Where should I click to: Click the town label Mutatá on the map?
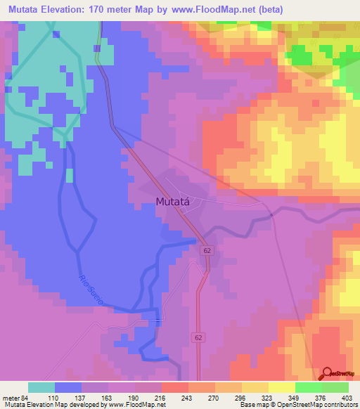[172, 202]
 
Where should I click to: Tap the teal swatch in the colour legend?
[41, 387]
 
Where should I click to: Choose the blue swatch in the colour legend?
[68, 387]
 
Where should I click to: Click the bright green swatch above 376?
[308, 387]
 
